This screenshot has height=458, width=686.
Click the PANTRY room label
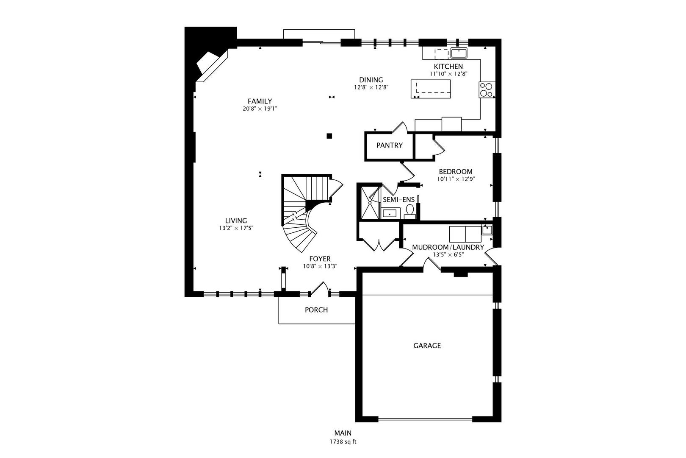coord(389,145)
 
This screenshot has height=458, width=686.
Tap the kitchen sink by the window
coord(459,53)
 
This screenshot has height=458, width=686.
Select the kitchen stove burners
coord(486,90)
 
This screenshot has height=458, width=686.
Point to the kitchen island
coord(431,89)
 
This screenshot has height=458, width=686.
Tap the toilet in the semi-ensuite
coord(410,212)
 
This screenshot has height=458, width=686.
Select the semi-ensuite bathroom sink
coord(390,213)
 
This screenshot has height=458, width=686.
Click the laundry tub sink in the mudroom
coord(487,230)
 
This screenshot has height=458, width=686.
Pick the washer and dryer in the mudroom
coord(465,235)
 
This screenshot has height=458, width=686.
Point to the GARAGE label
coord(427,346)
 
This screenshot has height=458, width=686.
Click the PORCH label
coord(316,310)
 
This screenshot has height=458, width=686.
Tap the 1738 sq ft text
coord(343,442)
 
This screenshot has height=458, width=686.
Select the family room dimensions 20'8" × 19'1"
coord(260,109)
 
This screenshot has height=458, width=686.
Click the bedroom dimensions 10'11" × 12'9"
coord(456,179)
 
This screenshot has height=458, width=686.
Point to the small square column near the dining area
coord(329,136)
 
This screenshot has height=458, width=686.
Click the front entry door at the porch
coord(319,290)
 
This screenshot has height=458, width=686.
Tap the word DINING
coord(371,80)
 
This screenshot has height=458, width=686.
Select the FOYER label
coord(320,259)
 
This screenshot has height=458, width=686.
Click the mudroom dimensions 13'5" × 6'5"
coord(448,254)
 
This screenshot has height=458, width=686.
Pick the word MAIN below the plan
coord(343,433)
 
